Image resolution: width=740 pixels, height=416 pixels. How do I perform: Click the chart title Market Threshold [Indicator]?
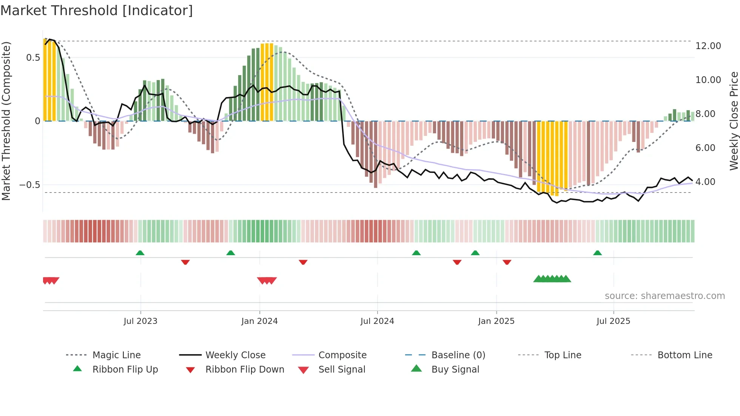(97, 11)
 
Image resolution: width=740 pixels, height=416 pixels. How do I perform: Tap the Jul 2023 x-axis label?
(140, 321)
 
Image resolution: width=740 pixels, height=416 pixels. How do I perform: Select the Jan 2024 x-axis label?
(259, 321)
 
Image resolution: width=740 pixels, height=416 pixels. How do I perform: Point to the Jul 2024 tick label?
(377, 321)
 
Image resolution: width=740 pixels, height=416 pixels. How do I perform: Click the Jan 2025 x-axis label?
(496, 321)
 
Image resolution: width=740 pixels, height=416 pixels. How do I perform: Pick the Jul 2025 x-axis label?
(614, 321)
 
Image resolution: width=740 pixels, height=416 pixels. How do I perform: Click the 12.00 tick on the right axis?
(708, 46)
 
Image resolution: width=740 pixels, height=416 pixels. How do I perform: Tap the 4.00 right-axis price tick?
(705, 182)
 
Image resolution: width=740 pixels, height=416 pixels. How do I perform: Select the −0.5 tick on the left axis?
(30, 185)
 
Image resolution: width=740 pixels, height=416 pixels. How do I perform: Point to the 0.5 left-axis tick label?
(33, 58)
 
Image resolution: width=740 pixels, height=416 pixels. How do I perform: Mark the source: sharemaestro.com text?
(664, 296)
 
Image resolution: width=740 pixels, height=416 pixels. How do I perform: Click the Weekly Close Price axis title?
(734, 121)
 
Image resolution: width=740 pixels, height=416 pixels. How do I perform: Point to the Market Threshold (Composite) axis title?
(6, 121)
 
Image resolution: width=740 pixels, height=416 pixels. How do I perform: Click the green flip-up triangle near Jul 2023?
(140, 253)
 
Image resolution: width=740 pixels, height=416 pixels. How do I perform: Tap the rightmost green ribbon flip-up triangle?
(597, 253)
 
